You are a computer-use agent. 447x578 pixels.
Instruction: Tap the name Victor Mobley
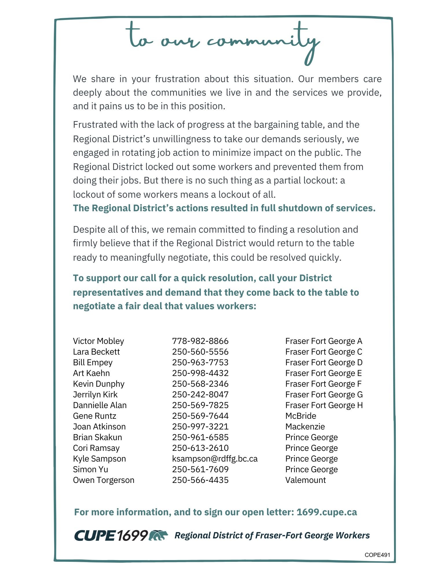pos(98,341)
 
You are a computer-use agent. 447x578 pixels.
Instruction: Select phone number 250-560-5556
pos(200,352)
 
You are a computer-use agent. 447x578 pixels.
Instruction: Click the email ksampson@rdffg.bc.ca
pos(215,459)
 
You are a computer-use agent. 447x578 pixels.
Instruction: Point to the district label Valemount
pos(306,480)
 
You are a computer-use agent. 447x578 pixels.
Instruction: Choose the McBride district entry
pos(301,416)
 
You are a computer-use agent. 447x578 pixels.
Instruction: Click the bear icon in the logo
pos(158,535)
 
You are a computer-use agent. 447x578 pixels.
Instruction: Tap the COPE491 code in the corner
pos(377,555)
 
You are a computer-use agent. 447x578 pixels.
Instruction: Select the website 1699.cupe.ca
pos(327,512)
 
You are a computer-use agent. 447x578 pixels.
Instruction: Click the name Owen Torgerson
pos(104,480)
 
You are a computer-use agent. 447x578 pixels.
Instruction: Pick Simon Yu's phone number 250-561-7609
pos(200,469)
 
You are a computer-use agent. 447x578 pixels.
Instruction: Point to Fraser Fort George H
pos(324,405)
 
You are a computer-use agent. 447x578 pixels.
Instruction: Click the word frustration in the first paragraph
pos(177,79)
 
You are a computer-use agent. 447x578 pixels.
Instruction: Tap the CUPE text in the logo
pos(95,536)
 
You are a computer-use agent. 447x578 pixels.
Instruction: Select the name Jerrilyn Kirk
pos(95,394)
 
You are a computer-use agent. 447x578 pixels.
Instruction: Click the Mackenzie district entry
pos(305,427)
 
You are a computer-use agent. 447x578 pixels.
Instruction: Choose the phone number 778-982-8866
pos(200,341)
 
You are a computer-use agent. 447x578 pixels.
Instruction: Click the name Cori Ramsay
pos(96,448)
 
